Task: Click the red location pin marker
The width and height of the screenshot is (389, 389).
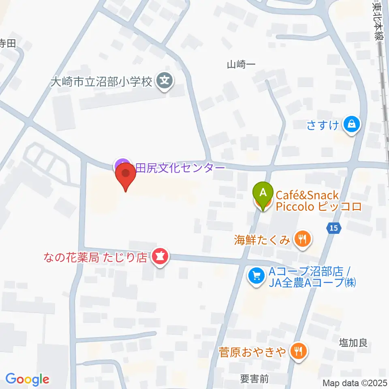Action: (x=126, y=177)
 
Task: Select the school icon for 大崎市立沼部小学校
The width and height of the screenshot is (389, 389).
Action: (x=165, y=81)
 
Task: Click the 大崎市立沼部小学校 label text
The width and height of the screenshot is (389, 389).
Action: (x=101, y=82)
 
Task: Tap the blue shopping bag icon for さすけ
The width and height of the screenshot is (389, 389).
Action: (x=351, y=124)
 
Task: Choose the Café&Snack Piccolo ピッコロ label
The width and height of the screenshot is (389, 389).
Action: (x=318, y=201)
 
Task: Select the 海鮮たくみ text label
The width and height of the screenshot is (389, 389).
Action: (x=262, y=240)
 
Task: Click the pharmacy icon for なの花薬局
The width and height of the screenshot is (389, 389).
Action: (x=160, y=257)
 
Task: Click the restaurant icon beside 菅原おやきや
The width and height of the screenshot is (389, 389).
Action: (x=299, y=350)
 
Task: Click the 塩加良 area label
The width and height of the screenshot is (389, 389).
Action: (x=353, y=343)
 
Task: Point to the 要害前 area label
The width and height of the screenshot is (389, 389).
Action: (x=254, y=379)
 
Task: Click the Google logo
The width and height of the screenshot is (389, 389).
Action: (x=27, y=379)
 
